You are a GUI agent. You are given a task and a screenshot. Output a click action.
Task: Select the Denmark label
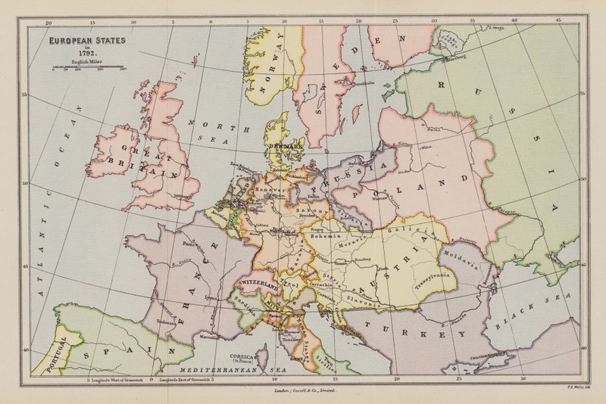[x=284, y=143]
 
